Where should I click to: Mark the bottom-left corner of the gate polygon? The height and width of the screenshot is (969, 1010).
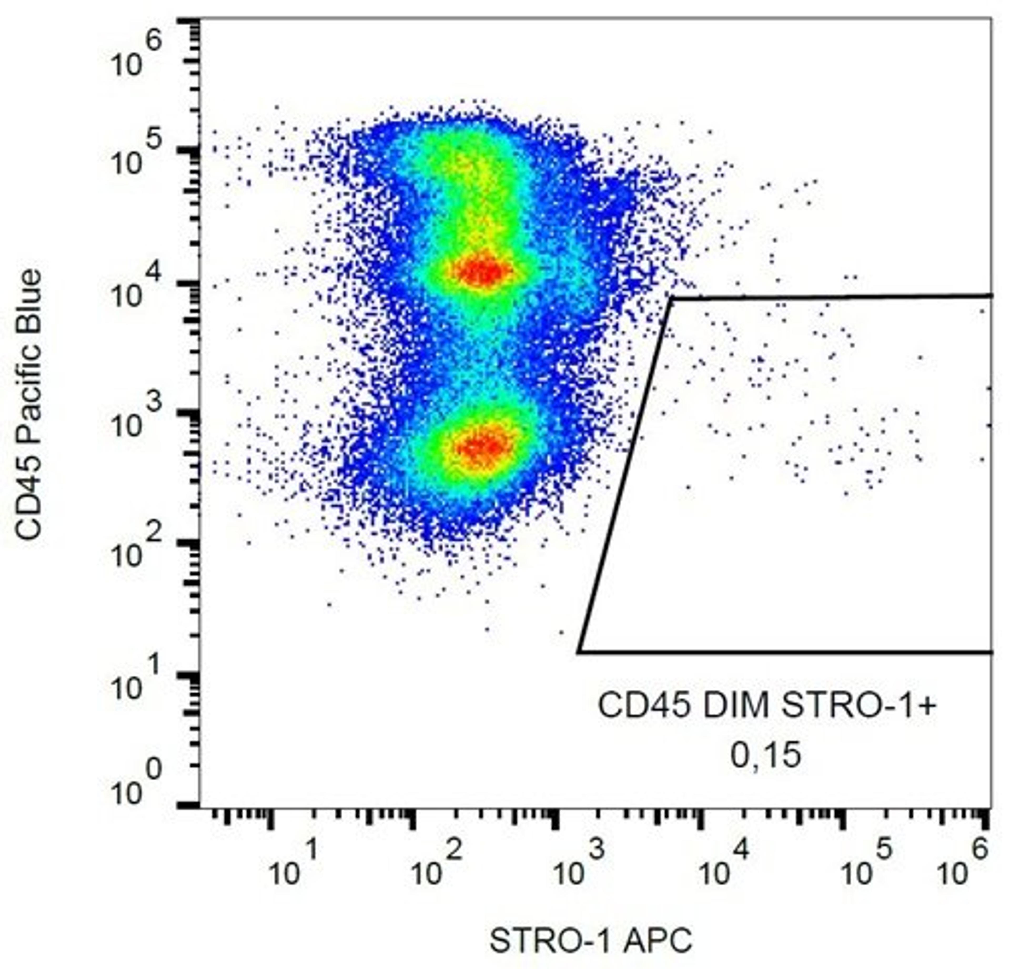tap(579, 652)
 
